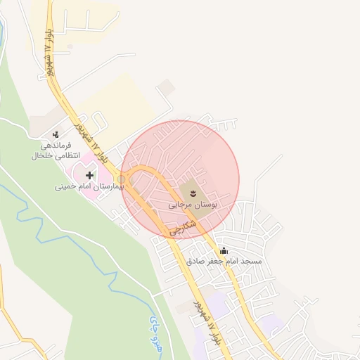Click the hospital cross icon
tap(89, 175)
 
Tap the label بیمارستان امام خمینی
tap(89, 187)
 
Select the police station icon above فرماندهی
tap(56, 134)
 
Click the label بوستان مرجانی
tap(193, 204)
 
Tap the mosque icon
tap(224, 250)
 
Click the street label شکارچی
tap(181, 226)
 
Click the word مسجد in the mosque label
tap(251, 261)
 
